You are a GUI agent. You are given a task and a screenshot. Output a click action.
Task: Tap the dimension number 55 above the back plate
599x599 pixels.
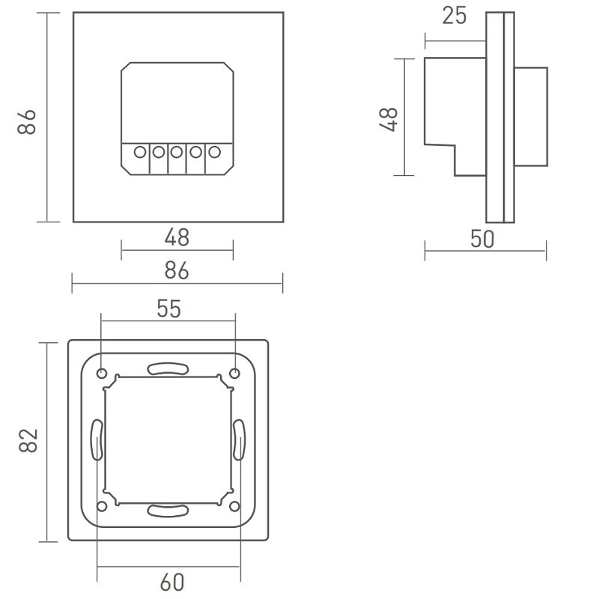[x=169, y=308]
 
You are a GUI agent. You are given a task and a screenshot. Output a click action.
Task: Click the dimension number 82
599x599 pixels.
[x=28, y=442]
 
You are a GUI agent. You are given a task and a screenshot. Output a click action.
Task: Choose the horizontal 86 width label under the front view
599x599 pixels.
[x=177, y=270]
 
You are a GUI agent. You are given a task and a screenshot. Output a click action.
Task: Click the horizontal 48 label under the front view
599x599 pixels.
[x=177, y=238]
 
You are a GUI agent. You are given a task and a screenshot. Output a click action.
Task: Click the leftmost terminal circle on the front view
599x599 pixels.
[x=139, y=153]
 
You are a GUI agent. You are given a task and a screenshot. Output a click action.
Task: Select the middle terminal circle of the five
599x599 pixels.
[x=177, y=153]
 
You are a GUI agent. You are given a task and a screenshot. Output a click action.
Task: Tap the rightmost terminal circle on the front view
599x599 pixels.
[x=214, y=153]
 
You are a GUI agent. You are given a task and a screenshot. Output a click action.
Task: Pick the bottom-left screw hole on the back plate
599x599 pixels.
[x=102, y=507]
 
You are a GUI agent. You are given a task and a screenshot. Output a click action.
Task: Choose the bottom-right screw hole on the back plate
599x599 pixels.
[x=234, y=507]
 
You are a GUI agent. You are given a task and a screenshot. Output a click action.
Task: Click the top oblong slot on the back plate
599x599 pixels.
[x=168, y=369]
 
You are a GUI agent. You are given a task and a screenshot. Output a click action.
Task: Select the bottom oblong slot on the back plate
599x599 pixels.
[x=168, y=511]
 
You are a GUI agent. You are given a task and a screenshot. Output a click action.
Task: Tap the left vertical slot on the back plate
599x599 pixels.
[x=97, y=440]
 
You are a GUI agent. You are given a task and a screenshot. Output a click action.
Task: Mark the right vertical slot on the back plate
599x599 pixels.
[x=239, y=440]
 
